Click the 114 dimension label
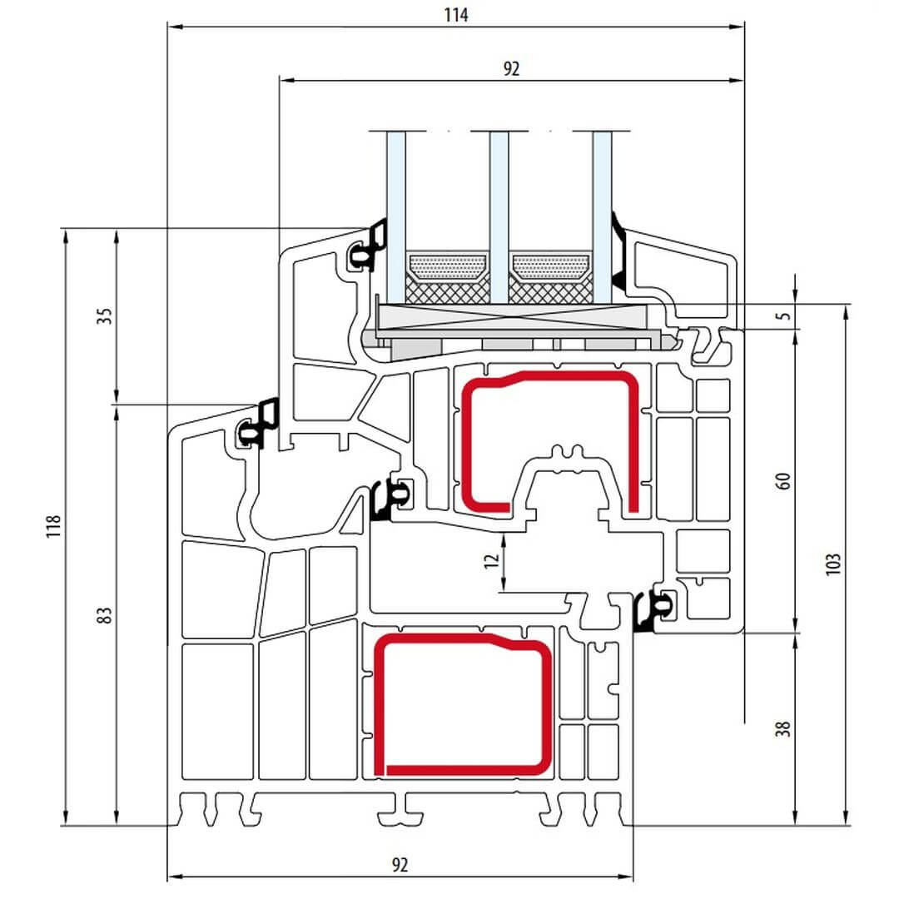(x=456, y=15)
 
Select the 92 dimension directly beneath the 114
(x=511, y=69)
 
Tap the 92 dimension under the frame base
(x=400, y=865)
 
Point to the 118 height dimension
(x=53, y=526)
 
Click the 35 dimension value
(x=104, y=316)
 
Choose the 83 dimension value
(x=104, y=615)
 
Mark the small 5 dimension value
(x=784, y=316)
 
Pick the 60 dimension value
(x=783, y=480)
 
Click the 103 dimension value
(x=833, y=564)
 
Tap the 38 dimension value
(x=783, y=728)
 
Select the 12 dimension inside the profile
(x=491, y=561)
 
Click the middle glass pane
(x=499, y=217)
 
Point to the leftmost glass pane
(x=396, y=217)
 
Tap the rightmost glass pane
(x=602, y=217)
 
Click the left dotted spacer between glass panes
(x=447, y=266)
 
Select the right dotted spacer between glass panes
(x=550, y=266)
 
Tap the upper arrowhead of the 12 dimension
(x=504, y=539)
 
